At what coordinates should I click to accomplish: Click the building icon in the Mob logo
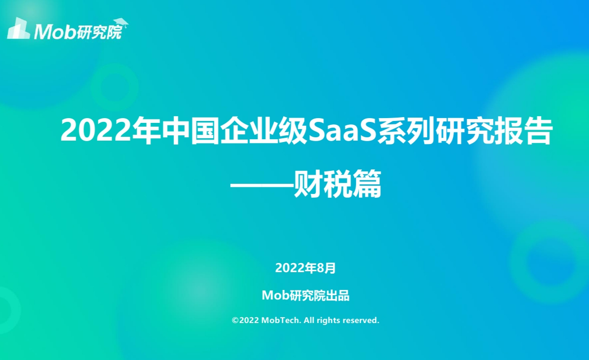[18, 28]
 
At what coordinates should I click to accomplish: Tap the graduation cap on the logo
[121, 23]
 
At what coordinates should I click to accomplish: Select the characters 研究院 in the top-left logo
[99, 32]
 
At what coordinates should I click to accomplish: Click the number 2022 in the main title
[96, 131]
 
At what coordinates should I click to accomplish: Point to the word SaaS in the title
[342, 131]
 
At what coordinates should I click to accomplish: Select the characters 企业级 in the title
[263, 131]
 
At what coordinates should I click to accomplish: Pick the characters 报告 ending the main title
[522, 131]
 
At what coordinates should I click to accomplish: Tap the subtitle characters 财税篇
[338, 184]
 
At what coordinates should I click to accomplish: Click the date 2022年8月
[305, 268]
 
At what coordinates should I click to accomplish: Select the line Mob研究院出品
[306, 295]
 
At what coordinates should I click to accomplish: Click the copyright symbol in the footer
[235, 320]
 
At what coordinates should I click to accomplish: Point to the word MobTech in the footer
[281, 320]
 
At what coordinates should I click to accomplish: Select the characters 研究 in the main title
[464, 131]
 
